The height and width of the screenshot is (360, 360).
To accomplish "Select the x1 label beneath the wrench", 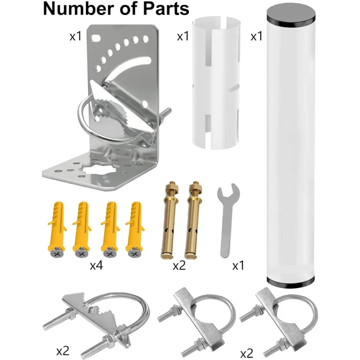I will point(238,266).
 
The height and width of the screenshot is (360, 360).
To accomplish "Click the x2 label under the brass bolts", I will point(179,266).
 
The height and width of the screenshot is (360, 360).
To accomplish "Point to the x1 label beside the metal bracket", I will point(75,36).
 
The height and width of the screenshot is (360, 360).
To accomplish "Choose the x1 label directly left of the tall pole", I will point(256,36).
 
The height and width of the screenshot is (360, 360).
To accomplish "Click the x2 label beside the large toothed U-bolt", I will point(63,350).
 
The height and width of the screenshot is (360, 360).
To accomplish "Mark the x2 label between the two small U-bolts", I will point(247,354).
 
